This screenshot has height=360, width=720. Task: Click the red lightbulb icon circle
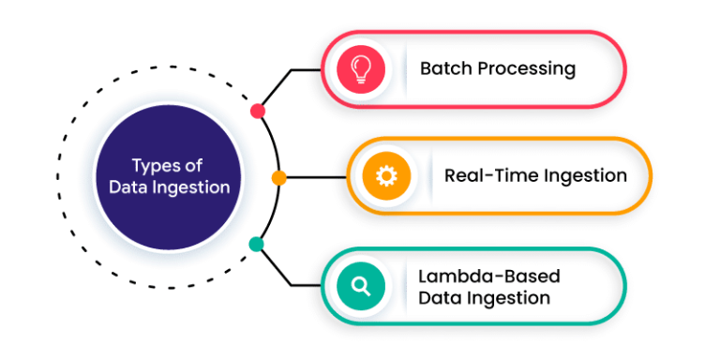tap(360, 68)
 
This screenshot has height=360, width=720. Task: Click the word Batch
tap(444, 68)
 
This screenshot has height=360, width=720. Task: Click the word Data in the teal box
tap(437, 299)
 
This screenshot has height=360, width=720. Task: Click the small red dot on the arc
tap(258, 111)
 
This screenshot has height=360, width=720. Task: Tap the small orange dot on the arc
tap(278, 177)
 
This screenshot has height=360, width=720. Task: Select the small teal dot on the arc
tap(256, 245)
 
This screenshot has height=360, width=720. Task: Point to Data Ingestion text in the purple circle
tap(169, 187)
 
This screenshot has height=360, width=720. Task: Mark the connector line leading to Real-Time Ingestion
tap(314, 177)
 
